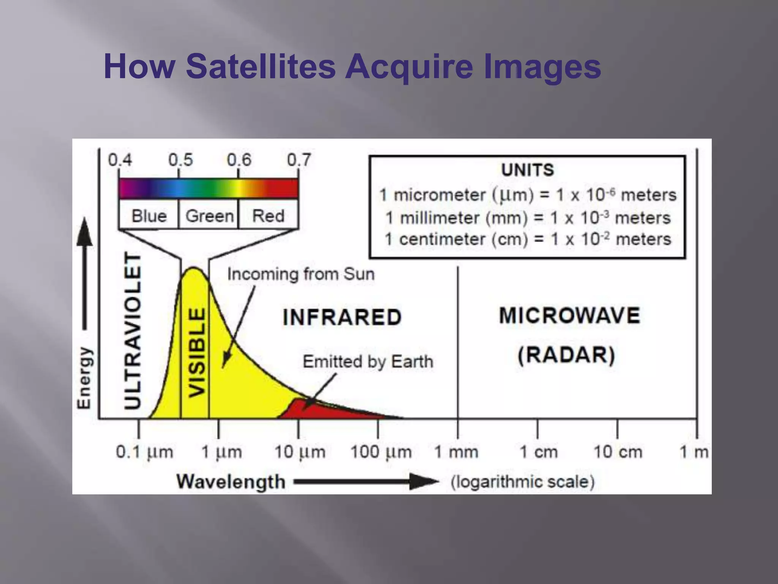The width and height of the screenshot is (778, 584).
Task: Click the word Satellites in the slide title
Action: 261,67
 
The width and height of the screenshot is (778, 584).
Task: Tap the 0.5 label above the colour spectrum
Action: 180,160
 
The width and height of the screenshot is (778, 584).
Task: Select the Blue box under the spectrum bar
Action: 149,216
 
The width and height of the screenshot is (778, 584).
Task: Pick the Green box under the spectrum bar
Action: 209,216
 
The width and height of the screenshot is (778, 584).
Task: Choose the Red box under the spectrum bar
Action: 268,216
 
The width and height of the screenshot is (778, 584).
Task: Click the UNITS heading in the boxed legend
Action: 527,170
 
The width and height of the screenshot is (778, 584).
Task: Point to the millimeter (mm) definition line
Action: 527,218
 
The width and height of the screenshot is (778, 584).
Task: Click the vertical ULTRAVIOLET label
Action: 133,331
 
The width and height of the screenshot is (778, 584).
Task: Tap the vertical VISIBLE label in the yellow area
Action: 197,352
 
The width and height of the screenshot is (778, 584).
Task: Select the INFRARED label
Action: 342,317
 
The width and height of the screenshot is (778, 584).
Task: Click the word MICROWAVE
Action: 569,316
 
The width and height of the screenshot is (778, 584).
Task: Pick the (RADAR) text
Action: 566,355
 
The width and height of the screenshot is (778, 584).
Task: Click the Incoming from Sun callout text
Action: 300,274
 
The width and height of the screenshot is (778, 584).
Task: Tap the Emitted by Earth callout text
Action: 367,361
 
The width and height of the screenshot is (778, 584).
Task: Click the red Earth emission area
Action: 323,411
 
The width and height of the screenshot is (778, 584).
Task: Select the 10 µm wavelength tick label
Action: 300,452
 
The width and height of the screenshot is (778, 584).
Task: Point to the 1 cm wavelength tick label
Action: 538,452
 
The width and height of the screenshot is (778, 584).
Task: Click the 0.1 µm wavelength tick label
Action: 144,452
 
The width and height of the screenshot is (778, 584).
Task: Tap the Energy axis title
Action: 84,378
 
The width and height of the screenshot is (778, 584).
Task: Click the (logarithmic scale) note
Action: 522,482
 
